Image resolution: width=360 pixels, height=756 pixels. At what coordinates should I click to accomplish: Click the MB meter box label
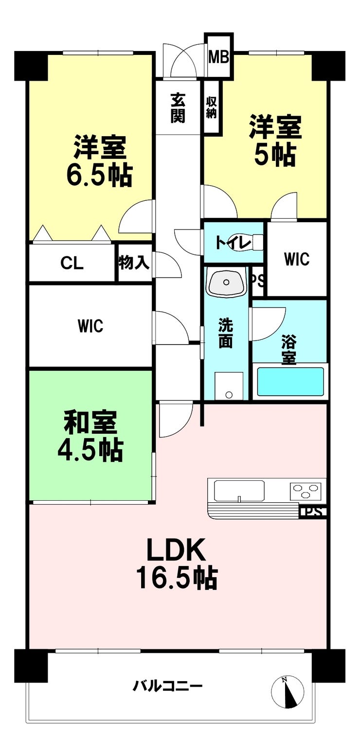pos(218,56)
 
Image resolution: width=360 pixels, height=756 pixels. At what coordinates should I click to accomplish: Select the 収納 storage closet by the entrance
pos(212,108)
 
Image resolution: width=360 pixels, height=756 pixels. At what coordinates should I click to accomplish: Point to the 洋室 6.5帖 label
pos(99,161)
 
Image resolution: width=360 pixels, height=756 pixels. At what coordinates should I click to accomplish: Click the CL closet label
pos(72,263)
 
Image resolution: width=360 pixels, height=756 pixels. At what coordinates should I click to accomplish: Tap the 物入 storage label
pos(134,263)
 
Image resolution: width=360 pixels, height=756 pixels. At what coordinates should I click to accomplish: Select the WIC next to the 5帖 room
pos(297,259)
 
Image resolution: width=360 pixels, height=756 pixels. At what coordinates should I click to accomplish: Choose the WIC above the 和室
pos(91,326)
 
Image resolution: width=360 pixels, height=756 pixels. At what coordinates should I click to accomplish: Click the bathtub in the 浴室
pos(290,382)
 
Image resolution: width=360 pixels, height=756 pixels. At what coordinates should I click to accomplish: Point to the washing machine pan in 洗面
pos(229,386)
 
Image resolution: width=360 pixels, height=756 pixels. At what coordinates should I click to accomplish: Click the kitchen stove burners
pos(307,490)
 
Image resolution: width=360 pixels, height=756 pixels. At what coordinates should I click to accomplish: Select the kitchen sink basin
pos(239,490)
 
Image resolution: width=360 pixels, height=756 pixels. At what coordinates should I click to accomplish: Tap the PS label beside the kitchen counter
pos(313,512)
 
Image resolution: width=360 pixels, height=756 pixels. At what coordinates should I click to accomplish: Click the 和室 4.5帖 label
pos(90,436)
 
